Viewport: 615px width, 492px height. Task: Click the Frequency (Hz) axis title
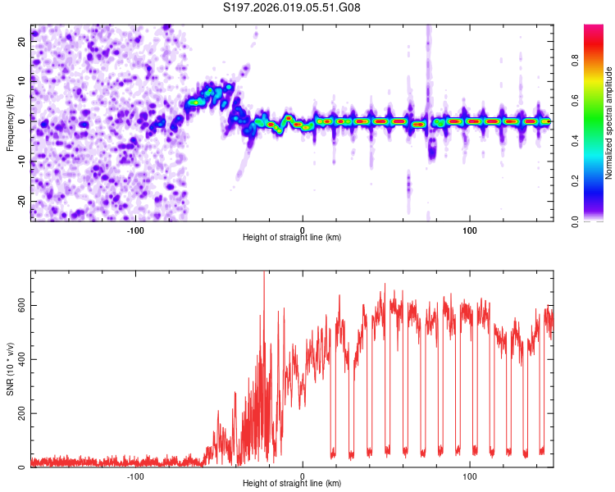(10, 122)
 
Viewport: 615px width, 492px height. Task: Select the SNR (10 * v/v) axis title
(10, 370)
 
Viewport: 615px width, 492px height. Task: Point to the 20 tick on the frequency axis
(22, 43)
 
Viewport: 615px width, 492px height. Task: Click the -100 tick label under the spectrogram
(135, 229)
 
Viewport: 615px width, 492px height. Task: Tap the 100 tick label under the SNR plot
(470, 476)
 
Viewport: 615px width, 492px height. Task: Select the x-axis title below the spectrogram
(292, 238)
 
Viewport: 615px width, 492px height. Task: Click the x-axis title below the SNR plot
(292, 485)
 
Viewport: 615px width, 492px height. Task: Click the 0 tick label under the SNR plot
(303, 476)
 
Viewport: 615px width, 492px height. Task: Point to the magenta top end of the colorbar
(594, 28)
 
